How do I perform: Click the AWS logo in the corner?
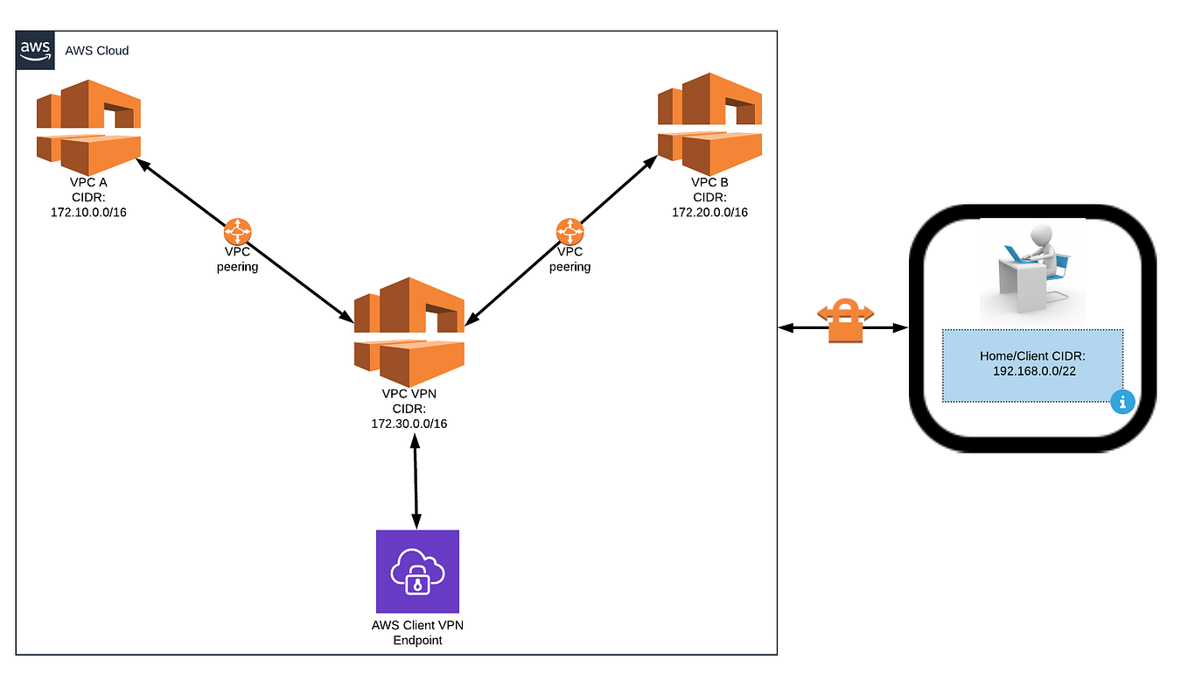click(x=35, y=49)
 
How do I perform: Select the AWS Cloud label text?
click(x=97, y=51)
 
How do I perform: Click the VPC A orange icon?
click(x=88, y=127)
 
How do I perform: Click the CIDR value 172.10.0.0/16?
click(x=88, y=213)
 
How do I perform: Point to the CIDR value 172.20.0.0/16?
click(x=709, y=213)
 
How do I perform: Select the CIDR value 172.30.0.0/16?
click(x=409, y=424)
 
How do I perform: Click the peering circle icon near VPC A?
click(x=238, y=232)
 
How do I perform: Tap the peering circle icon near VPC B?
click(x=570, y=232)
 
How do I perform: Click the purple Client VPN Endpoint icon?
click(x=417, y=571)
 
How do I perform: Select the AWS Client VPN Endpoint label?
click(x=417, y=633)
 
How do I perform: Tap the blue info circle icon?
click(x=1122, y=402)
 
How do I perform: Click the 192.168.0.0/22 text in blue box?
click(x=1032, y=372)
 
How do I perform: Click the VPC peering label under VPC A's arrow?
click(x=238, y=260)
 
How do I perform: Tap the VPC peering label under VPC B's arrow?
click(x=570, y=260)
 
